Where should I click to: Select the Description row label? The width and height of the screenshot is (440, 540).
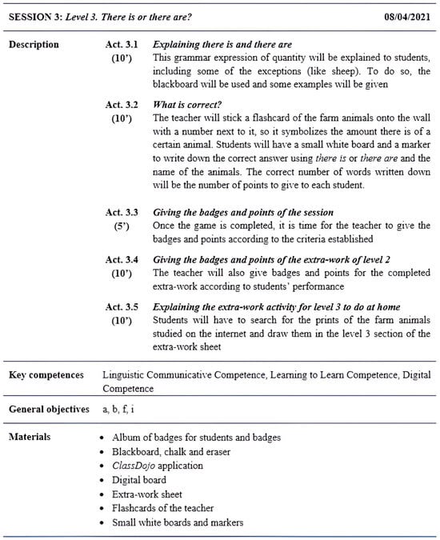(x=34, y=44)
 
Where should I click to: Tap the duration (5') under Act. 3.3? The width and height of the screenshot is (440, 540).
(x=122, y=226)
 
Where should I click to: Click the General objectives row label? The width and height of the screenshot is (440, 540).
(x=50, y=410)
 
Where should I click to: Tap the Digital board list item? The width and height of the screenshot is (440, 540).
(x=139, y=480)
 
